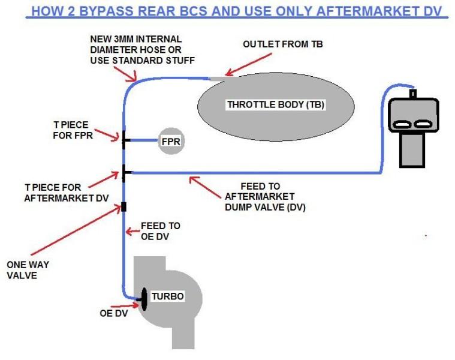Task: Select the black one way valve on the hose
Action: tap(123, 207)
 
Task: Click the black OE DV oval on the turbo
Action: tap(144, 299)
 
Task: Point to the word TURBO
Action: tap(167, 296)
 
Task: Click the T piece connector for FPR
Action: tap(123, 140)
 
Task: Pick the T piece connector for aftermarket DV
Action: tap(123, 173)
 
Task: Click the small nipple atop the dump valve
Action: tap(412, 93)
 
